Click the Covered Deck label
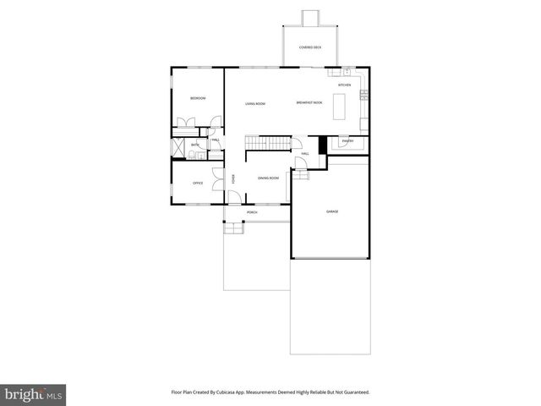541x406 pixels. point(310,47)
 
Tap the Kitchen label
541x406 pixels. point(344,85)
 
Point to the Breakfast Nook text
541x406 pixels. point(309,103)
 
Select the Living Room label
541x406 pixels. point(255,103)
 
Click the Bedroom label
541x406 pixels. point(198,99)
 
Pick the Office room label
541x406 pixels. point(198,183)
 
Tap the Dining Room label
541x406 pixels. point(268,178)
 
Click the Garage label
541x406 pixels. point(332,211)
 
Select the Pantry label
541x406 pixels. point(347,141)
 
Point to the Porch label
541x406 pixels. point(252,212)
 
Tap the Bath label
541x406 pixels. point(194,145)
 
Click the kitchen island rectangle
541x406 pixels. point(342,107)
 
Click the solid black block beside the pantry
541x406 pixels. point(322,144)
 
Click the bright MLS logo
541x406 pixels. point(34,394)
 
